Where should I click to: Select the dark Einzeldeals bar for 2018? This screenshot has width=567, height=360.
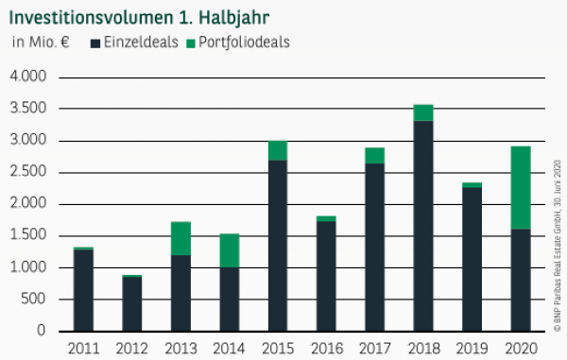[423, 226]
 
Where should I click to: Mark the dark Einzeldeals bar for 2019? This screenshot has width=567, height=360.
[472, 259]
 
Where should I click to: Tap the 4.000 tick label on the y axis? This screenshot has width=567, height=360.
[31, 77]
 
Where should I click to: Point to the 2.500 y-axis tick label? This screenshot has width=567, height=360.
[31, 172]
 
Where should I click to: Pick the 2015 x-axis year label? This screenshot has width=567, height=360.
[276, 348]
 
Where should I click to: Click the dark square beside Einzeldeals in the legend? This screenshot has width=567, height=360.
[94, 43]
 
